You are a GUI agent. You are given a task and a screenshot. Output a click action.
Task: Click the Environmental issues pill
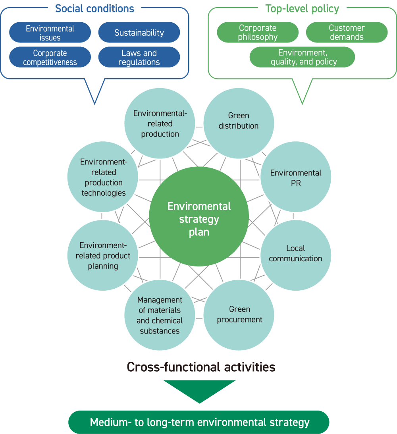coord(50,33)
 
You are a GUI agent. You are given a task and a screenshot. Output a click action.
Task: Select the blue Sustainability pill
coord(139,33)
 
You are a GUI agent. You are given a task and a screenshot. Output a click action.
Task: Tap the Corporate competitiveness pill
coord(50,58)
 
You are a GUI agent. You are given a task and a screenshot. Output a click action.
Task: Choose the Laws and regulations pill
coord(139,58)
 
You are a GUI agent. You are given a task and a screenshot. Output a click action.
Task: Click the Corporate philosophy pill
coord(258,33)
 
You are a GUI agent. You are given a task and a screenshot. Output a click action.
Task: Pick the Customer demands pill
coord(347,33)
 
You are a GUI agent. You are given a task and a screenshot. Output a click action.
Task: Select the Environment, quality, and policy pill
coord(302,57)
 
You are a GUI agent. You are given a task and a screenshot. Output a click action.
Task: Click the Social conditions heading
coord(94,8)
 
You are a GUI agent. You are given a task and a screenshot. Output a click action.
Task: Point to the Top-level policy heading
coord(302,8)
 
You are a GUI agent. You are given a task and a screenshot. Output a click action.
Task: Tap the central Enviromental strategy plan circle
coord(199,217)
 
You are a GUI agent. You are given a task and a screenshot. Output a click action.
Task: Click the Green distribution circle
coord(239,121)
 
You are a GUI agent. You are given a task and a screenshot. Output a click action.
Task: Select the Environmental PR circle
coord(296,177)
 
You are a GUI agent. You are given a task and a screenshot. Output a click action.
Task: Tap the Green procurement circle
coord(239,314)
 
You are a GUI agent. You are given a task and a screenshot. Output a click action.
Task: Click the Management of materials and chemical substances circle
coord(160,315)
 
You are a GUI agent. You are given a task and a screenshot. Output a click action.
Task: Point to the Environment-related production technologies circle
coord(103,177)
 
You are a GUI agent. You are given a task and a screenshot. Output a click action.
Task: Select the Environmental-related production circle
coord(160,123)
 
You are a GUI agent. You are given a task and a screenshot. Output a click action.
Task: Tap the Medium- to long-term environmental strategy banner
coord(199,422)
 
